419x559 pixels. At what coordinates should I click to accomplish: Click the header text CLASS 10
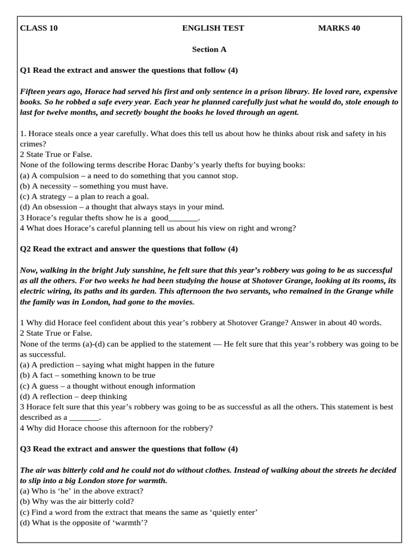tap(39, 28)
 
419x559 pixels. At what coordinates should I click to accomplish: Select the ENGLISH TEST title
tap(213, 28)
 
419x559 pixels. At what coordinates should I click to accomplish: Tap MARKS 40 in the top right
tap(339, 28)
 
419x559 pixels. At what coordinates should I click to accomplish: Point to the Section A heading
tap(209, 49)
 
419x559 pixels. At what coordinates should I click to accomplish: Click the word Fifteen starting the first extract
tap(34, 92)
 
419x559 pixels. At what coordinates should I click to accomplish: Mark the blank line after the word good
tap(184, 218)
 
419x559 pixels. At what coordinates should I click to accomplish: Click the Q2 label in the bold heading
tap(26, 249)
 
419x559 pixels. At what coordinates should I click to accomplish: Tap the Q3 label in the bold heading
tap(26, 449)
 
